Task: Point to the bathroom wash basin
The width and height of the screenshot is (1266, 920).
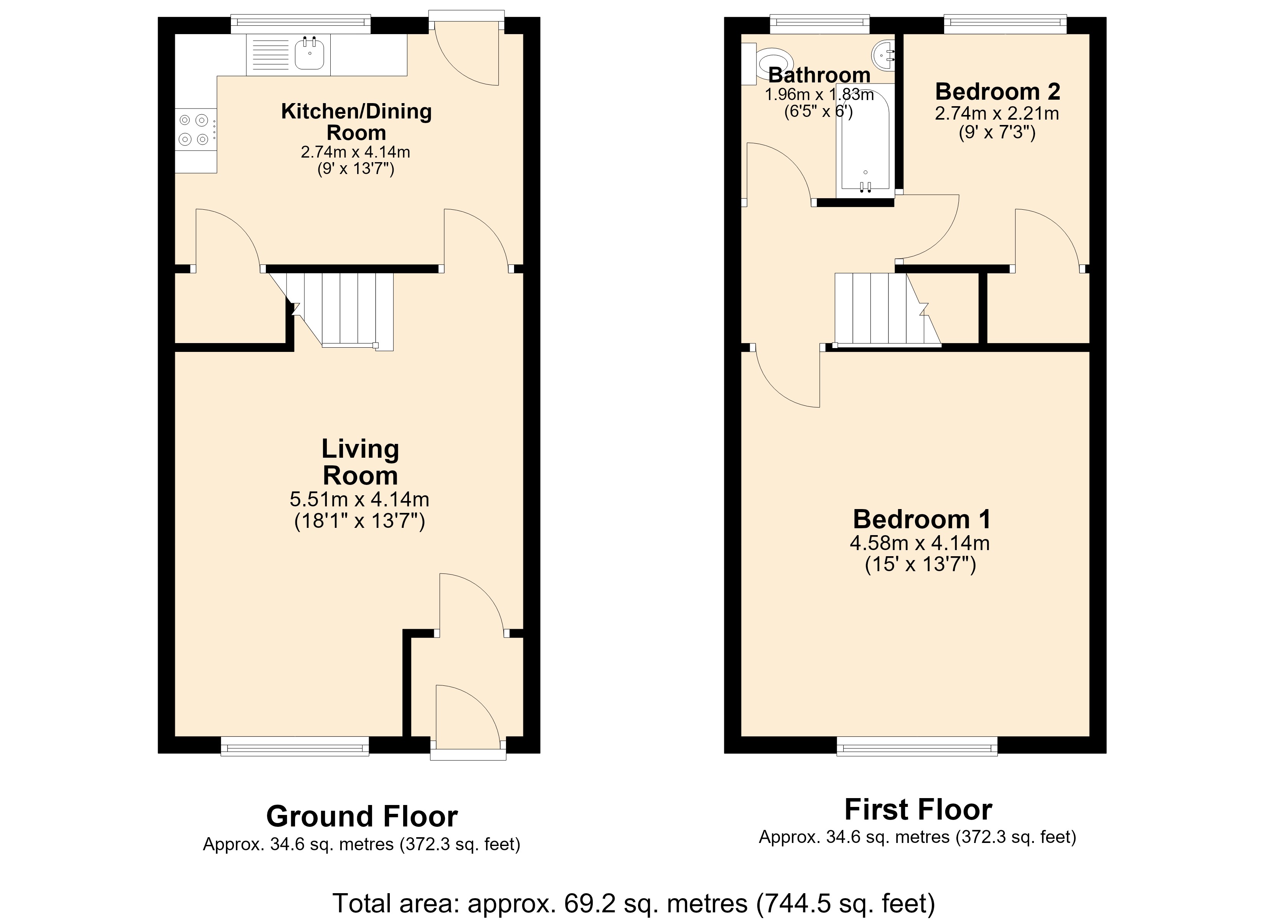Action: (x=884, y=55)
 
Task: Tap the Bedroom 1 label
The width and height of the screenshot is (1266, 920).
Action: (x=921, y=519)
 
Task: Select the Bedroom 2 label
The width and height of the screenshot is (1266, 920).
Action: (x=997, y=91)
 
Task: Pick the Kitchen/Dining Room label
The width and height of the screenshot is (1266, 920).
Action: (x=356, y=122)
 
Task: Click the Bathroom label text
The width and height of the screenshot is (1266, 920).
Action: (x=819, y=75)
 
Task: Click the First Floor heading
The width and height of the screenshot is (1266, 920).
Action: (x=918, y=810)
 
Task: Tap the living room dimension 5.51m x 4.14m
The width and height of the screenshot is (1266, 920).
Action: (x=359, y=498)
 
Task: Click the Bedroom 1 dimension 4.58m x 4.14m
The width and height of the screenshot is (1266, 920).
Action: (x=920, y=542)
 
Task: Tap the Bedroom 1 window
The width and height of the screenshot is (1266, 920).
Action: (x=917, y=746)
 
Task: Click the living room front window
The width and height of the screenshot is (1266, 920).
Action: (x=295, y=746)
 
